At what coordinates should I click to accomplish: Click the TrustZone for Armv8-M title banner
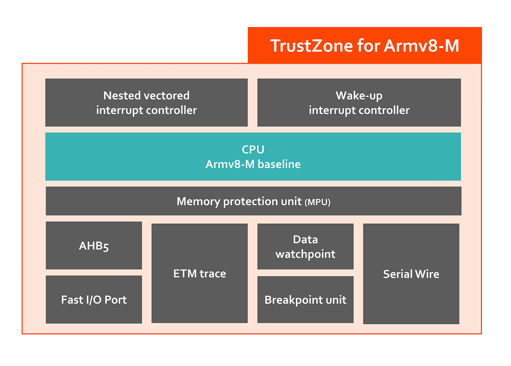365,45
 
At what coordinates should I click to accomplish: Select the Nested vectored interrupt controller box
146,103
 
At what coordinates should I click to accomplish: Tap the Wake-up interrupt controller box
359,103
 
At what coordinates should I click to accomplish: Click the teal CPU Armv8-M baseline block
253,157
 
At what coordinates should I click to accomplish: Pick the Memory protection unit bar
253,201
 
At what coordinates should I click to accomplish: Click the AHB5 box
94,246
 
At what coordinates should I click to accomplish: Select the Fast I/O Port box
94,300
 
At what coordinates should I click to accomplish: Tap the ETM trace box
199,273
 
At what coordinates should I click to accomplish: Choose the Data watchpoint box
306,247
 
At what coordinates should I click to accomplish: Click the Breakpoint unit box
306,300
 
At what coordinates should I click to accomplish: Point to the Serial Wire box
411,274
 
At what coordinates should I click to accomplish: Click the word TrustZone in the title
311,45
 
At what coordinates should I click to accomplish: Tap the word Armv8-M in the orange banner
422,45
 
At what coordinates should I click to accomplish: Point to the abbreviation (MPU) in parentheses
317,202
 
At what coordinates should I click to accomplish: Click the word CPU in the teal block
253,150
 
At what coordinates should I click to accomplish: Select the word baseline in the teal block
280,164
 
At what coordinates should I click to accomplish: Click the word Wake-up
359,96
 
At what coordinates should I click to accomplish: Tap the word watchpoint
306,254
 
